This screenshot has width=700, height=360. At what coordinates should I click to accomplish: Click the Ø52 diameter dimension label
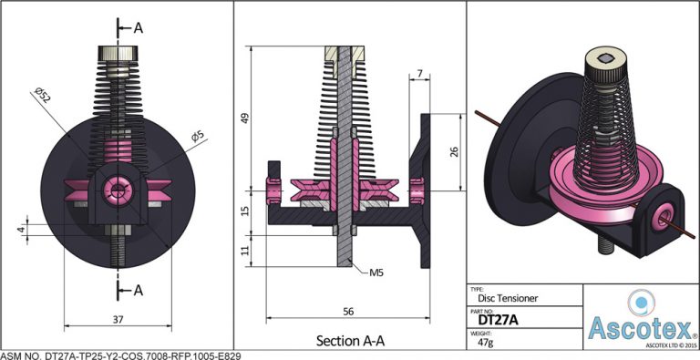pyautogui.click(x=42, y=94)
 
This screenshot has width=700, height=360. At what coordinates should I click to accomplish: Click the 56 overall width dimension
pyautogui.click(x=347, y=312)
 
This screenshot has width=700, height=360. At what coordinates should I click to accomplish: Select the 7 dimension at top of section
pyautogui.click(x=419, y=72)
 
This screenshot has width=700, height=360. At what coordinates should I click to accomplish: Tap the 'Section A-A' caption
pyautogui.click(x=350, y=341)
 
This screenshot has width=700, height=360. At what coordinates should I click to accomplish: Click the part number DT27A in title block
pyautogui.click(x=499, y=320)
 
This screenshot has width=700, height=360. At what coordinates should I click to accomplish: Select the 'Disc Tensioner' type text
pyautogui.click(x=508, y=296)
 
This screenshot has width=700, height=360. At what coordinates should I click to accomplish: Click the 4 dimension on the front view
pyautogui.click(x=20, y=230)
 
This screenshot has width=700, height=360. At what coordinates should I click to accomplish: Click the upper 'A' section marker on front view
pyautogui.click(x=139, y=27)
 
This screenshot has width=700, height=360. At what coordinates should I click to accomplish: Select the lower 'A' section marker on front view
pyautogui.click(x=139, y=290)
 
